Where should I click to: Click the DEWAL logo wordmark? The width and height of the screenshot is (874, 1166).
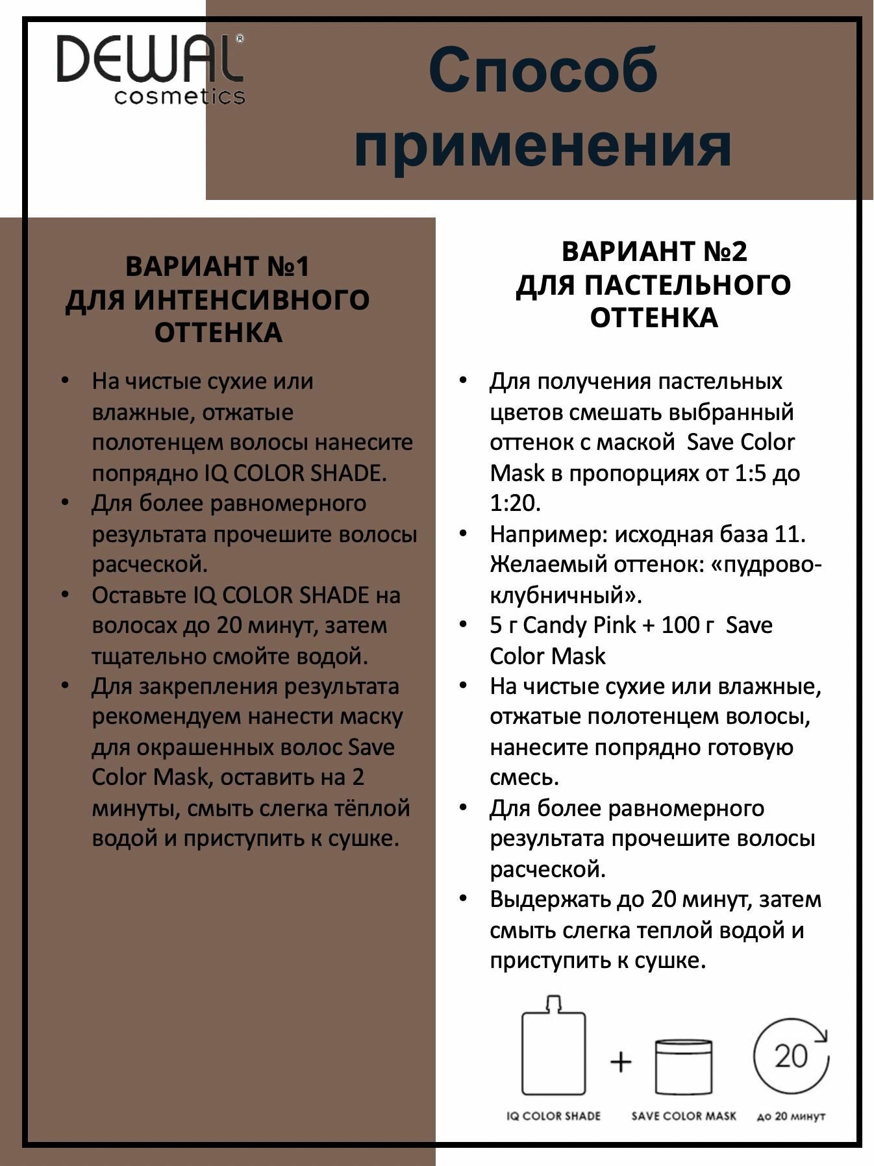(149, 59)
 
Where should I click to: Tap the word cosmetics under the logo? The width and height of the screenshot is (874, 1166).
(179, 96)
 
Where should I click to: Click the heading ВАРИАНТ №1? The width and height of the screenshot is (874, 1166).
(218, 266)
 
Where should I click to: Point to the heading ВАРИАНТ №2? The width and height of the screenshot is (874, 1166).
(654, 251)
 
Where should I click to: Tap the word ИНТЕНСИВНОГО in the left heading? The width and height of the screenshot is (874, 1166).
(251, 300)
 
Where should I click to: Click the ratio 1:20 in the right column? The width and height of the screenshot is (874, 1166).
(514, 503)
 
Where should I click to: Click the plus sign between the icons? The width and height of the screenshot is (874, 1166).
(621, 1061)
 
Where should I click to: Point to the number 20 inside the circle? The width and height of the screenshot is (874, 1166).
(791, 1056)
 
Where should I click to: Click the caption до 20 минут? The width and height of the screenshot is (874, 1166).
(791, 1117)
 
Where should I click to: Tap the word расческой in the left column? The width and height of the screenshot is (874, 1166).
(149, 565)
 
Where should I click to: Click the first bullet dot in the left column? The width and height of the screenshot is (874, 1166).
(64, 380)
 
